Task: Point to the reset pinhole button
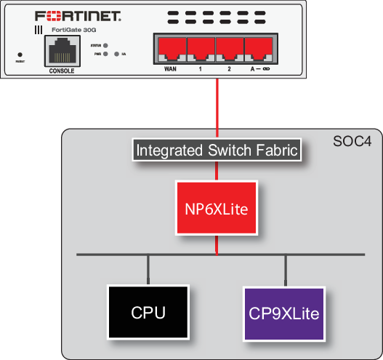pyautogui.click(x=20, y=54)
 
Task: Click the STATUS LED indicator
pyautogui.click(x=106, y=45)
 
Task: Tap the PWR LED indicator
pyautogui.click(x=106, y=54)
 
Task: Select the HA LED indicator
pyautogui.click(x=116, y=54)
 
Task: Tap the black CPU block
pyautogui.click(x=148, y=313)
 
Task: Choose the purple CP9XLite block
pyautogui.click(x=285, y=313)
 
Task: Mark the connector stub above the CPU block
pyautogui.click(x=148, y=269)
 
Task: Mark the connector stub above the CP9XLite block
pyautogui.click(x=285, y=269)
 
